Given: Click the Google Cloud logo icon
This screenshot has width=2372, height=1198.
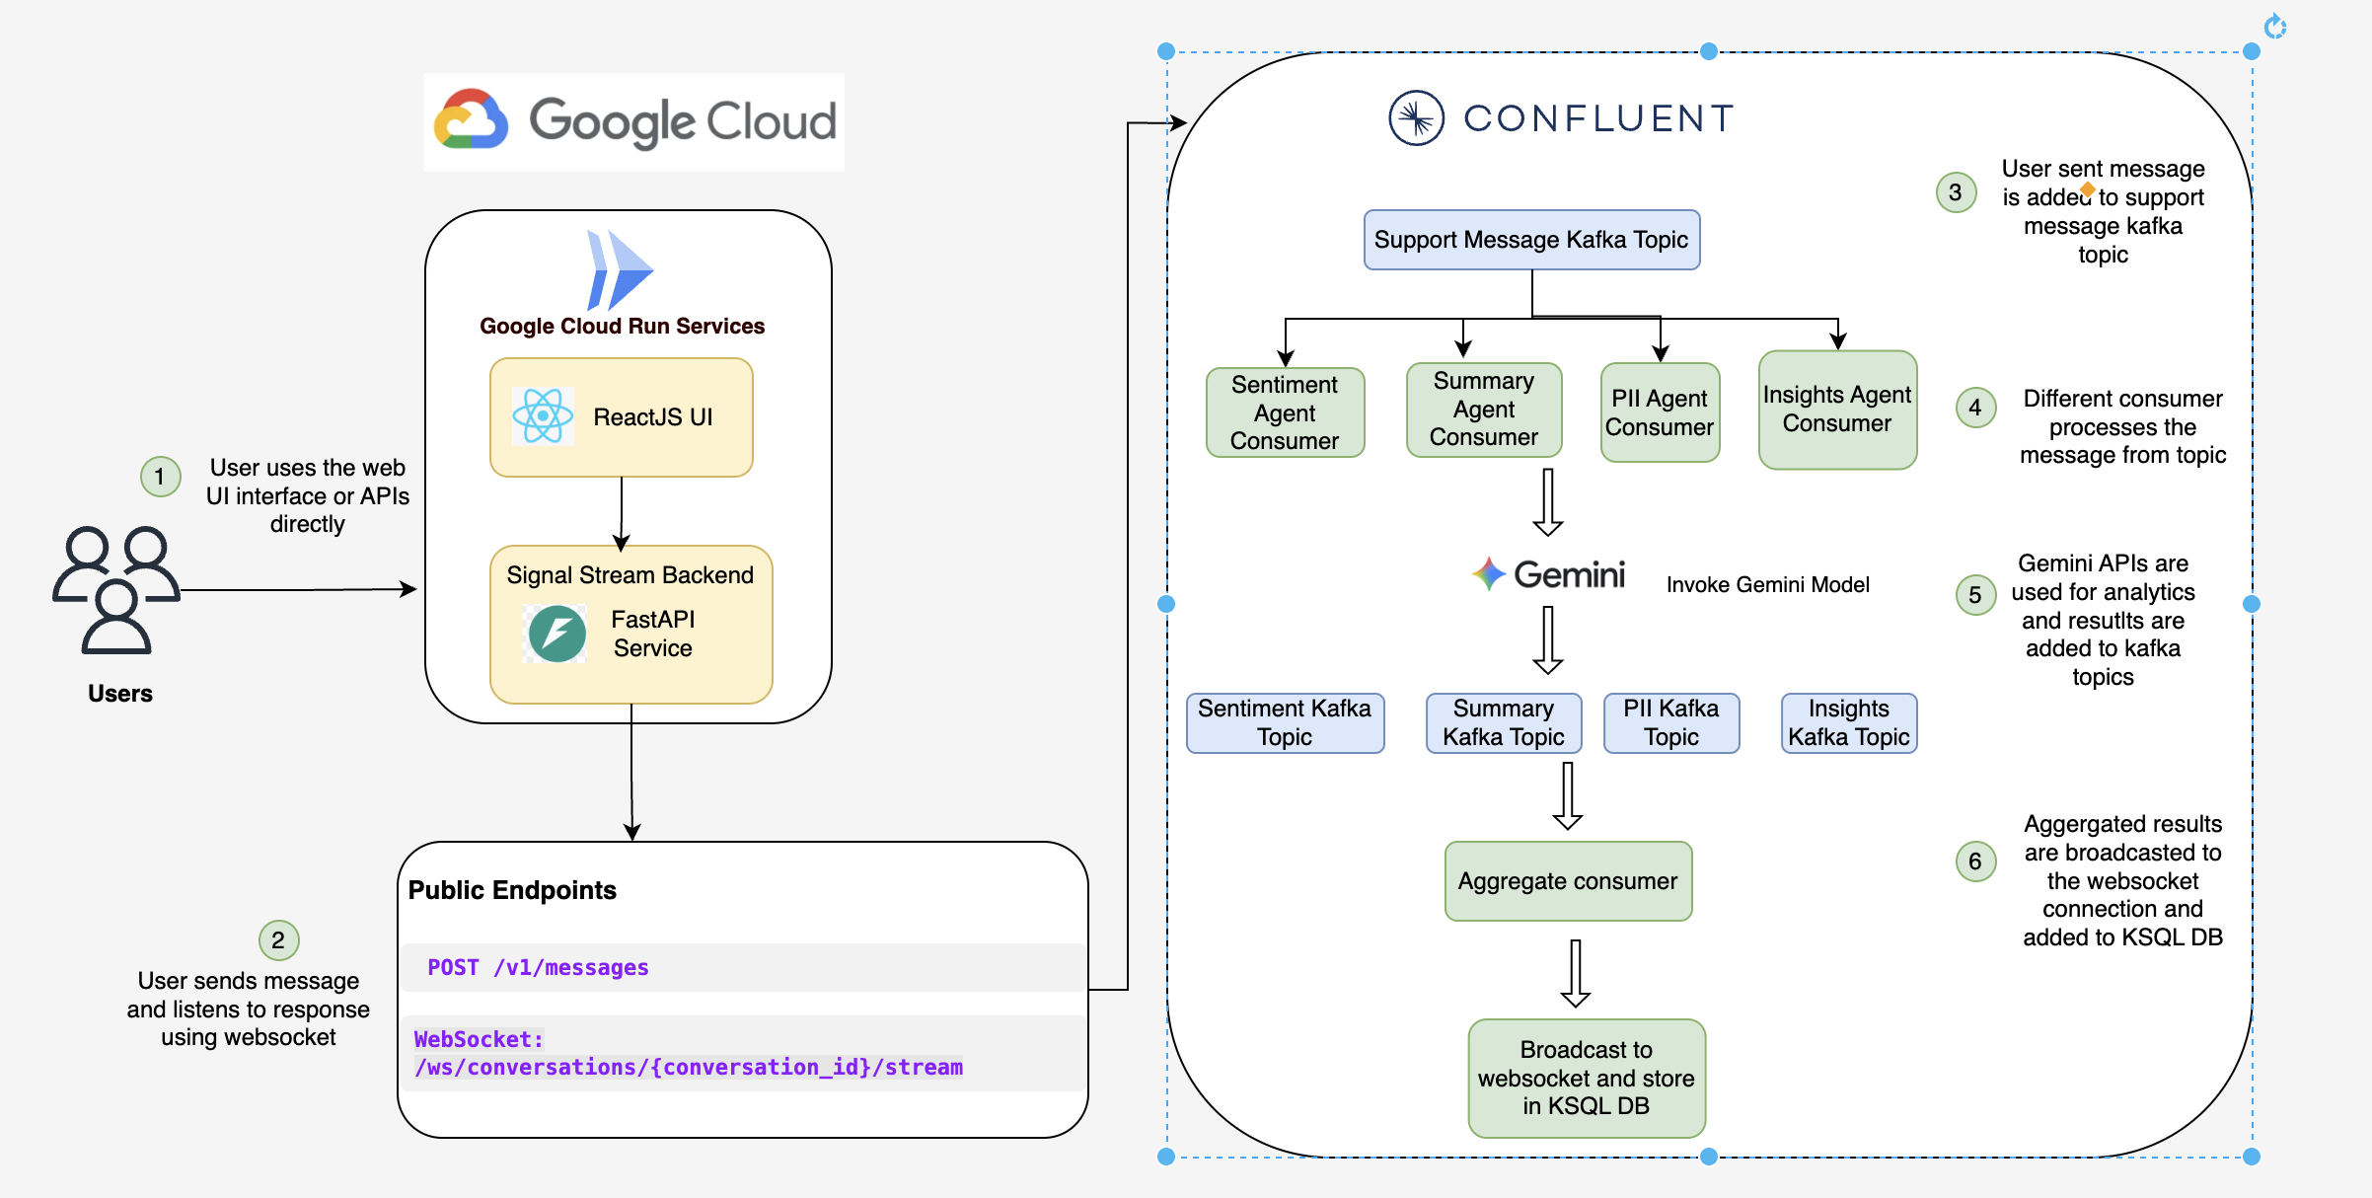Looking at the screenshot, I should click(472, 120).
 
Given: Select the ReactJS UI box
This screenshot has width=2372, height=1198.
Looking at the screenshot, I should click(622, 417).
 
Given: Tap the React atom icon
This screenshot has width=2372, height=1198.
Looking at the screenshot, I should click(543, 415).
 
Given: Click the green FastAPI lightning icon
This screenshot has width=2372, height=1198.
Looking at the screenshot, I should click(557, 634).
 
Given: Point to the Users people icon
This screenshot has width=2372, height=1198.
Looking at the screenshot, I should click(116, 589).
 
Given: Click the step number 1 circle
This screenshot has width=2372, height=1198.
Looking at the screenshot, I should click(160, 477).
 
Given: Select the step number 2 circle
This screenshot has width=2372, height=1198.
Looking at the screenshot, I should click(278, 939).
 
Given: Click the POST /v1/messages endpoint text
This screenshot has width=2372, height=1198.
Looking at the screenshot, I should click(538, 967).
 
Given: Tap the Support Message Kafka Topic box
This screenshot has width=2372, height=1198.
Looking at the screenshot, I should click(1531, 240).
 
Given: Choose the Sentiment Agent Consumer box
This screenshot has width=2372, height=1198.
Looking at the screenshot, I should click(1285, 412).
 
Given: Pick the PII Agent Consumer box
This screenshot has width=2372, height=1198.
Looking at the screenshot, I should click(1660, 412).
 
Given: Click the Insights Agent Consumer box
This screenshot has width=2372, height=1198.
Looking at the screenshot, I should click(1837, 410).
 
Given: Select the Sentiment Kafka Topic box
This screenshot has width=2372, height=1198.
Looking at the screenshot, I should click(1285, 722).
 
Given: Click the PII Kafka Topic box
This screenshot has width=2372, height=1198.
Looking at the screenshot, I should click(1671, 722).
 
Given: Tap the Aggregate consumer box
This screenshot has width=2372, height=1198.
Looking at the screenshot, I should click(1568, 881).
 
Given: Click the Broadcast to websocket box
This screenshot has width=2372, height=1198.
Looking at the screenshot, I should click(1587, 1078).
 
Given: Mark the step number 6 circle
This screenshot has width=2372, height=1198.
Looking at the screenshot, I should click(1975, 861).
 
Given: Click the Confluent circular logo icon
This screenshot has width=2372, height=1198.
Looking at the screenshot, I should click(1416, 118).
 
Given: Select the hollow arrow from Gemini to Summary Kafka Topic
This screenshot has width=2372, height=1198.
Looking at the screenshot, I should click(1548, 639).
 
